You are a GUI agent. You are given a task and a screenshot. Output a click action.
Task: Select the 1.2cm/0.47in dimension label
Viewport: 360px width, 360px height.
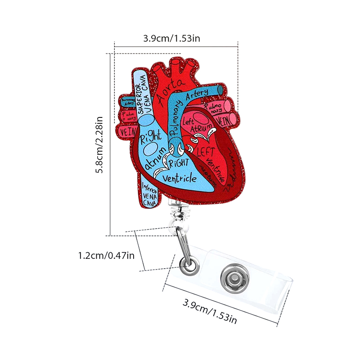[106, 256]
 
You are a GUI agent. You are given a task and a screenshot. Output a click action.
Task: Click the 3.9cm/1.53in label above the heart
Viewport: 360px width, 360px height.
[171, 38]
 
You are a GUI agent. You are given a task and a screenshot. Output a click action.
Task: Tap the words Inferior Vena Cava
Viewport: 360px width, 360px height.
[149, 194]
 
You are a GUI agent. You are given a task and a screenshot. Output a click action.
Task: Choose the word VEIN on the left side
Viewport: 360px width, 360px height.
[128, 132]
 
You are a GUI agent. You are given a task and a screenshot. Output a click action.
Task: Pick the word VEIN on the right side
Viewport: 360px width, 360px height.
[224, 121]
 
